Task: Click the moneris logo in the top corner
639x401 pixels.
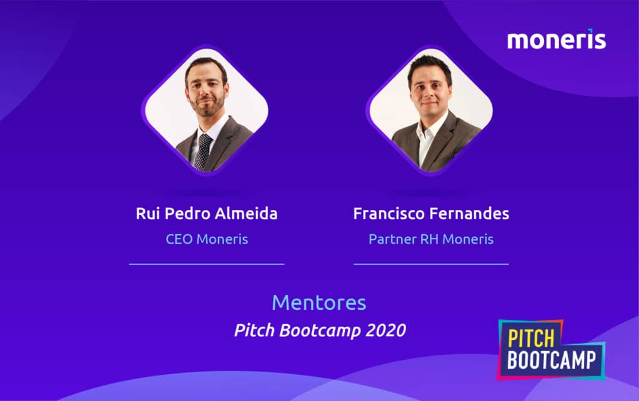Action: pos(556,41)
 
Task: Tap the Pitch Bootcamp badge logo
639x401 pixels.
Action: pos(552,350)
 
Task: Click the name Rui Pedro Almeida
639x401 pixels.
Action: pos(207,214)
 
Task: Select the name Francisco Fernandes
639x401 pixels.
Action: pos(431,214)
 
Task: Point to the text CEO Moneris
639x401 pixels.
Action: pos(207,239)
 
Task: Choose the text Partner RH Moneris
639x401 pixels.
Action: pos(431,239)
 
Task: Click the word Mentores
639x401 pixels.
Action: pos(319,303)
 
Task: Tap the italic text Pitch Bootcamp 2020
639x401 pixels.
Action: pos(319,330)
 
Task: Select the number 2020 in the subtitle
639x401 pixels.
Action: pos(387,330)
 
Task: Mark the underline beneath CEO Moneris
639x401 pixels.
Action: pos(207,264)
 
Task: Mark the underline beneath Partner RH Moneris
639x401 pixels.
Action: pos(431,264)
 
